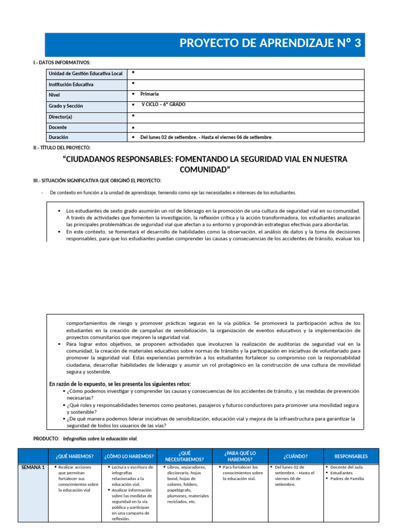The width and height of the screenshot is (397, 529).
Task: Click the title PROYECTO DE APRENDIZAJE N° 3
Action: click(x=270, y=43)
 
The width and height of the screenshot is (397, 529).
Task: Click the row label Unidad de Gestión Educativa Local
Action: click(x=85, y=74)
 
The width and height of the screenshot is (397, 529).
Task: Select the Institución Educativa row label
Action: click(x=71, y=84)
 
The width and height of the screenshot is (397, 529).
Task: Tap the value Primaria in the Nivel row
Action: click(x=150, y=94)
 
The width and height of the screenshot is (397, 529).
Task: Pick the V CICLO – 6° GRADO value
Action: click(x=163, y=104)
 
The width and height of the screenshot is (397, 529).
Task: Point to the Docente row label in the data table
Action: click(x=58, y=127)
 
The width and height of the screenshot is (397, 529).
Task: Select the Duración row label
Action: click(x=58, y=137)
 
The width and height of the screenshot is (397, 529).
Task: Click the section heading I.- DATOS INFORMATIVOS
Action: click(x=62, y=63)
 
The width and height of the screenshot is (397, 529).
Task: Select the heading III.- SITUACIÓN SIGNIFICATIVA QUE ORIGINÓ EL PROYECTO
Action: click(x=97, y=180)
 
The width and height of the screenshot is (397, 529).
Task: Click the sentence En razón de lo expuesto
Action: click(x=120, y=384)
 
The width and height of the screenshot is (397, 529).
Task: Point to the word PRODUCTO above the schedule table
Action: click(x=47, y=439)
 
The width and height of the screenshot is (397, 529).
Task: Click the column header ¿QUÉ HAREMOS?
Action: click(x=74, y=456)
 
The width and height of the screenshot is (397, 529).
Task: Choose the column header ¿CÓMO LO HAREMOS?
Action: click(x=129, y=456)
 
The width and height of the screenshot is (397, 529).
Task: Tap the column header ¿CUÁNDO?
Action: click(x=296, y=456)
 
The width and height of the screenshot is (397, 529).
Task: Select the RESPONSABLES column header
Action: click(x=351, y=456)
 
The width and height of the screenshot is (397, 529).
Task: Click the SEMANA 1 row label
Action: click(x=33, y=468)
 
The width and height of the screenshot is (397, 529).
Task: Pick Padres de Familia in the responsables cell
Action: click(x=347, y=478)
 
